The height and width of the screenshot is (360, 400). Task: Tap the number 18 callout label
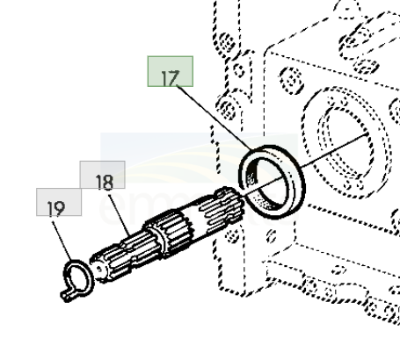(103, 182)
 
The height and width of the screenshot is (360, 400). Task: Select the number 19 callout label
(57, 207)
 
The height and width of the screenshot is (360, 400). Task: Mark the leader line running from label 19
(62, 236)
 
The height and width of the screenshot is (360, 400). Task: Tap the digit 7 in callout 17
(175, 76)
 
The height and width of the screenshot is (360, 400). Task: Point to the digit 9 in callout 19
(62, 209)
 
